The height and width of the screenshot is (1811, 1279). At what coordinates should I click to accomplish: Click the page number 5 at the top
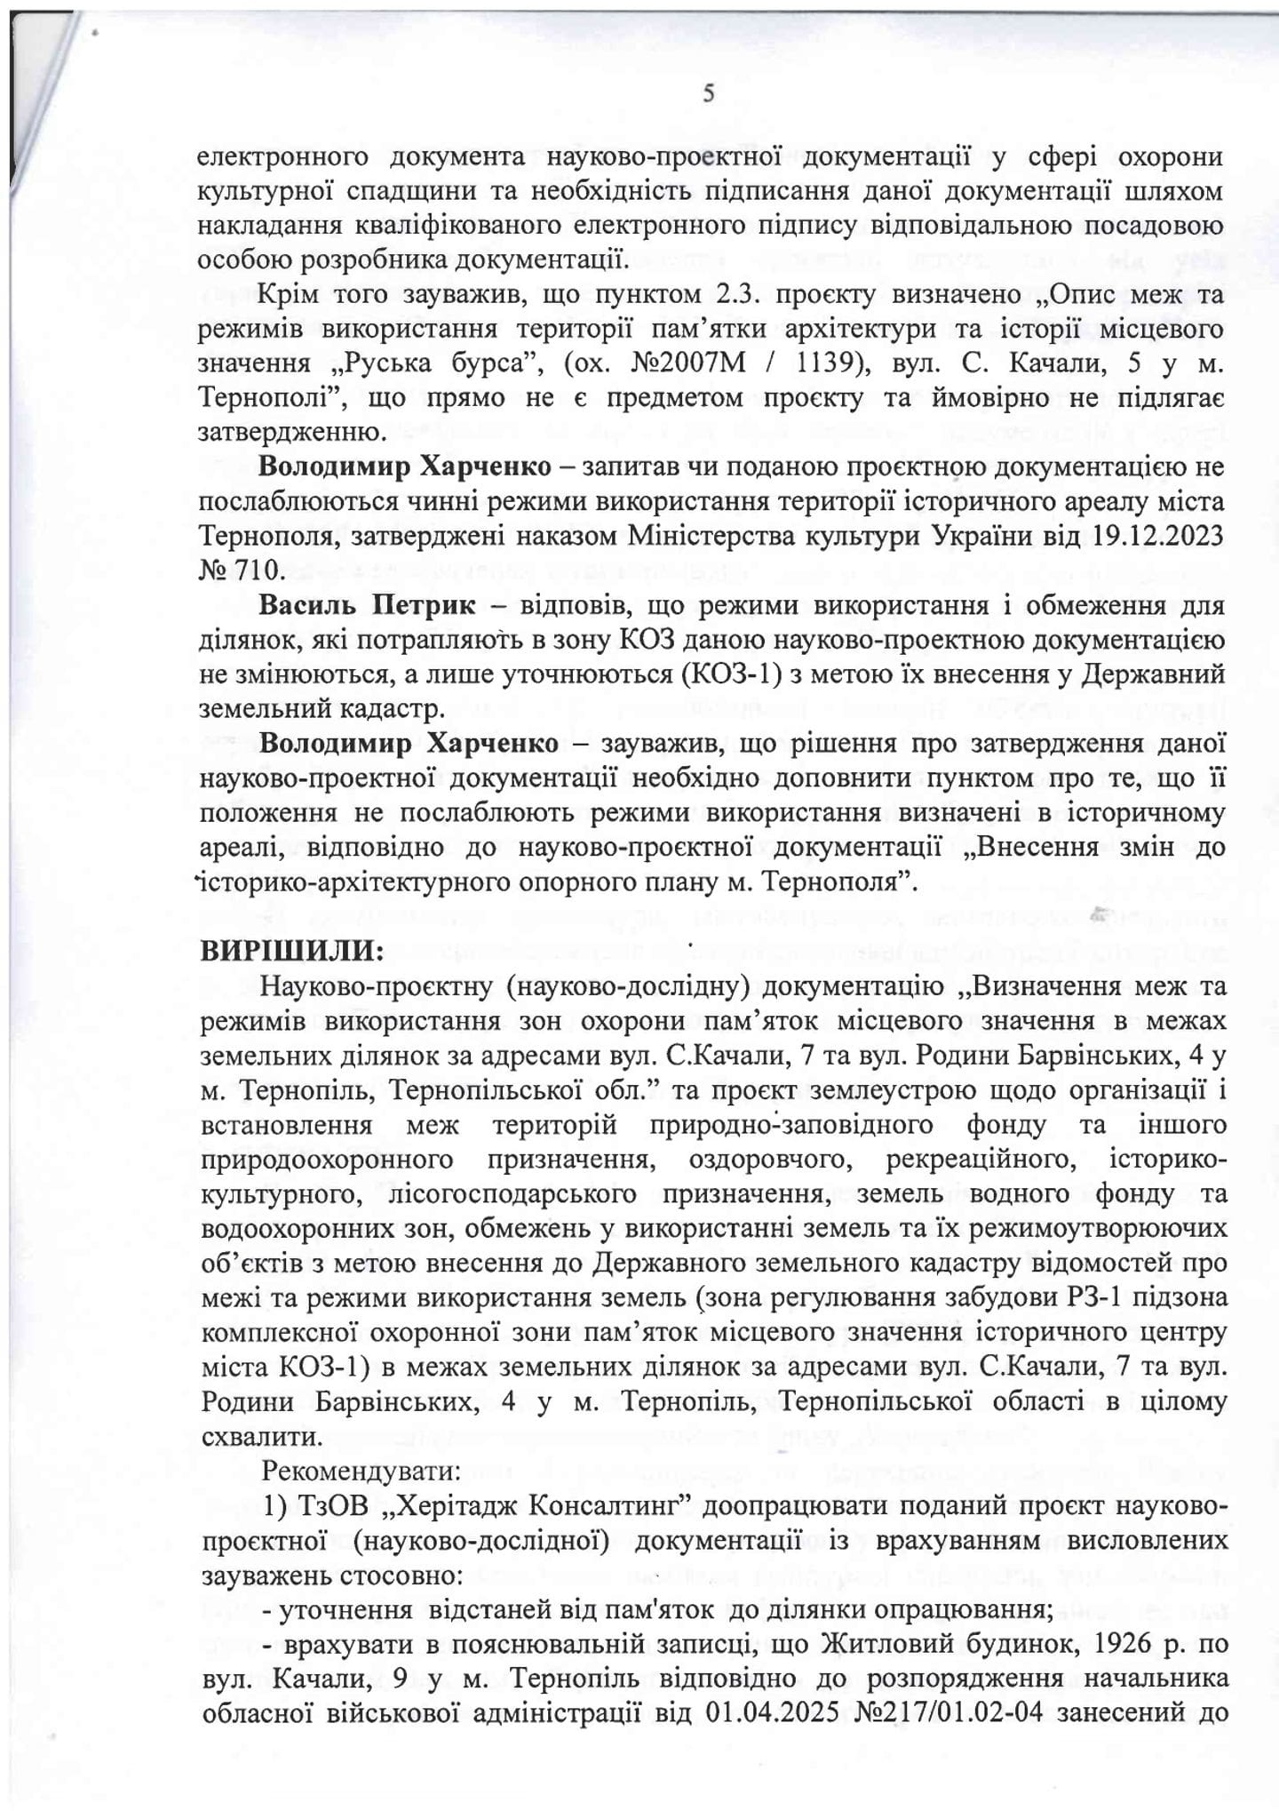tap(708, 92)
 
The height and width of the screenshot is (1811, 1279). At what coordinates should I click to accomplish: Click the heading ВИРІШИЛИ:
tap(292, 952)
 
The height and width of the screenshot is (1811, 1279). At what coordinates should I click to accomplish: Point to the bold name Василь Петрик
tap(368, 606)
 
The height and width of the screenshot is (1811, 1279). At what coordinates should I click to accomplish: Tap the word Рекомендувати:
tap(361, 1472)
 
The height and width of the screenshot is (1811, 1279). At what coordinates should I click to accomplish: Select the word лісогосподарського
tap(512, 1194)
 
